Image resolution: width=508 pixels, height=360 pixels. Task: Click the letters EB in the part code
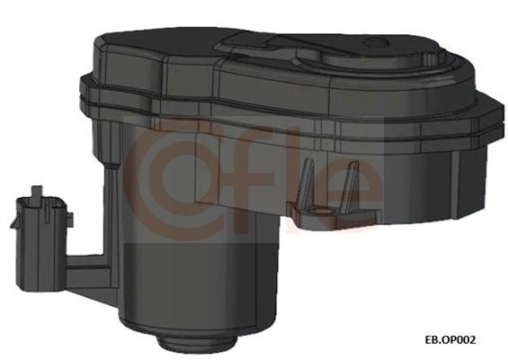(432, 340)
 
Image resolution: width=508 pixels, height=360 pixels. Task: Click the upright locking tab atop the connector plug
(37, 192)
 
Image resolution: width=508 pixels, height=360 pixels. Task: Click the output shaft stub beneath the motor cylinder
(196, 344)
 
